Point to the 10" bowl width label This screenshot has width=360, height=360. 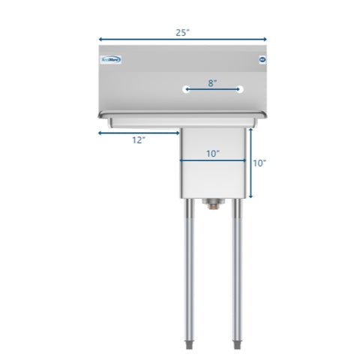212,153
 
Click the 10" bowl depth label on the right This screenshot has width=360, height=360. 260,163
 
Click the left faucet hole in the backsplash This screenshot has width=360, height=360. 185,89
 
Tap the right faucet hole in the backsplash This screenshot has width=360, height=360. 241,89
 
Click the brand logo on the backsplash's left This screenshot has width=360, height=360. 112,61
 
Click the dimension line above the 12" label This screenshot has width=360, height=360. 135,132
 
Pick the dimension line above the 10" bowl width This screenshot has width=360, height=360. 212,160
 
